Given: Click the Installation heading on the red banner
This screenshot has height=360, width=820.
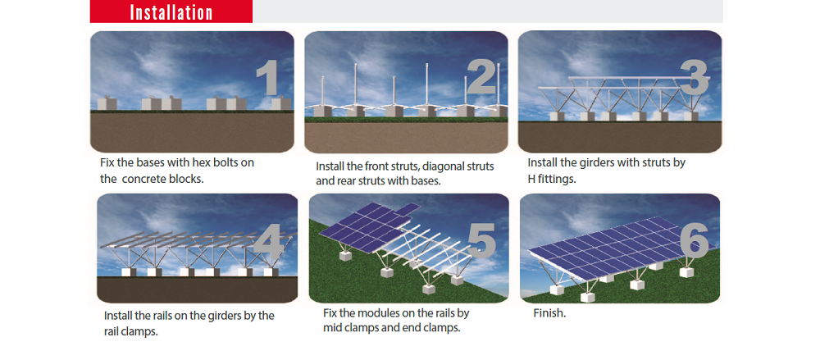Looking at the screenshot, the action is [x=171, y=12].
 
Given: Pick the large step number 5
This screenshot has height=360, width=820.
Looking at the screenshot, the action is [x=481, y=239].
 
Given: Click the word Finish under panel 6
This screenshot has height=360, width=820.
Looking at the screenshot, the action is [x=548, y=314].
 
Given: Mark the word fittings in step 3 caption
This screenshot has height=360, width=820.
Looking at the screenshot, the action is [x=555, y=179].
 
